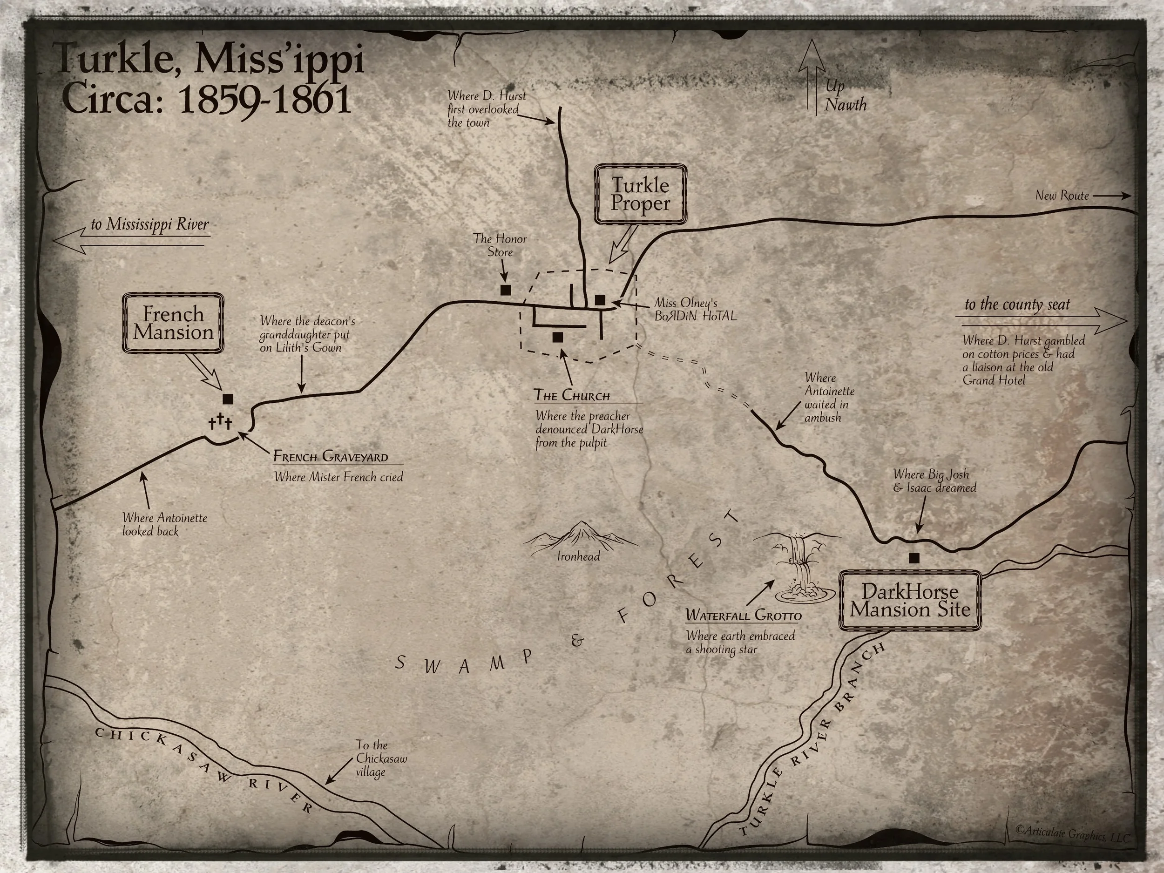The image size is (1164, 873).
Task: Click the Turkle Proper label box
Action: [x=640, y=194]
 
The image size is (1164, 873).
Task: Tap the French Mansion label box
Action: [x=173, y=323]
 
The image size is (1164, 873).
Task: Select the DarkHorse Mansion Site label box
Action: [x=910, y=601]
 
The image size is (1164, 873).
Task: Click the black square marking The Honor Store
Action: [x=506, y=290]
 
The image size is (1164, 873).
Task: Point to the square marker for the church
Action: [x=558, y=337]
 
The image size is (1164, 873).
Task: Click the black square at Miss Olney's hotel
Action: [x=599, y=300]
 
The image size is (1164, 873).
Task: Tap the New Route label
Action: [x=1062, y=196]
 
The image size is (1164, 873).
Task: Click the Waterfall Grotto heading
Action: [x=744, y=615]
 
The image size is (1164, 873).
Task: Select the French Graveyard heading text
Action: [x=331, y=456]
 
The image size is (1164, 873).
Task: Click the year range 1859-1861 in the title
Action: [x=264, y=100]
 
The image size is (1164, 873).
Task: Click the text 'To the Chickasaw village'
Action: [x=380, y=758]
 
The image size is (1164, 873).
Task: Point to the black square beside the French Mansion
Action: [x=228, y=399]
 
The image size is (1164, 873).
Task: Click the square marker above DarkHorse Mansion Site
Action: [x=914, y=558]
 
